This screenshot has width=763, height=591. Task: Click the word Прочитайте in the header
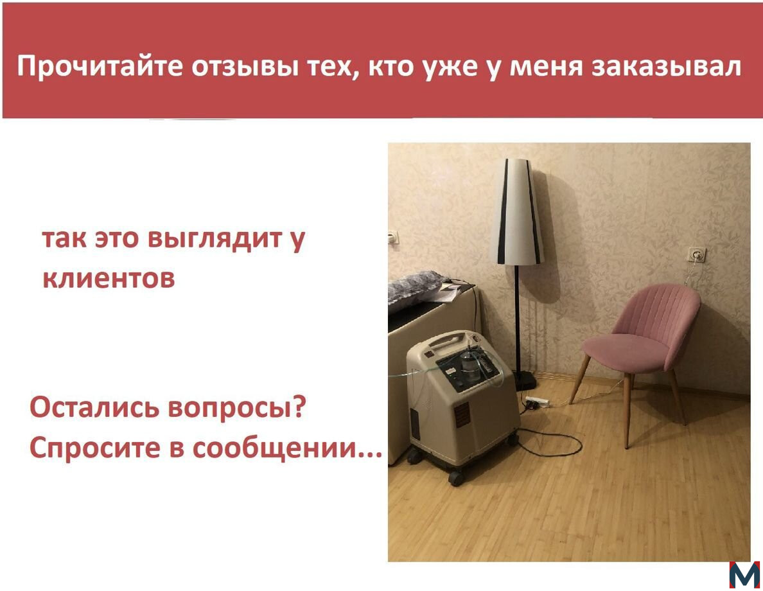(x=100, y=66)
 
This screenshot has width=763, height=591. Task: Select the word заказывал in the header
(x=666, y=67)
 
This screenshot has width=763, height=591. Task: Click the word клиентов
(x=109, y=279)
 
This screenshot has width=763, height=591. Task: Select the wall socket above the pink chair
(x=696, y=254)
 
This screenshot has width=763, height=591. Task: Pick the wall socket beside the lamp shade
(x=393, y=238)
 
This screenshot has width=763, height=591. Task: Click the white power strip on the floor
(x=537, y=402)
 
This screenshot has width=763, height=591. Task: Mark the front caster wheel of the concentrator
(x=456, y=478)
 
